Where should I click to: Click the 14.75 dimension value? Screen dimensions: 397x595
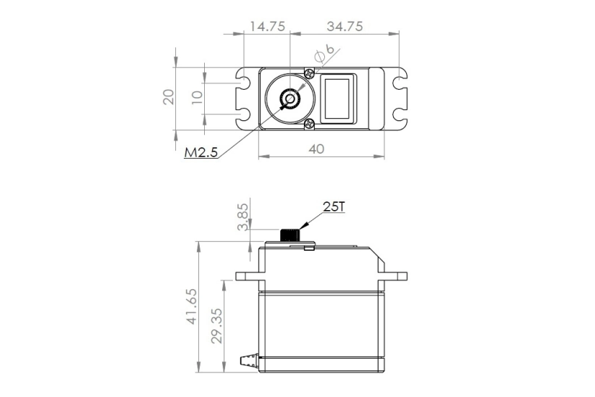(266, 26)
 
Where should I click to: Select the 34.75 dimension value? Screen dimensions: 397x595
(344, 26)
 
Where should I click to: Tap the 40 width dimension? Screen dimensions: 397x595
(316, 148)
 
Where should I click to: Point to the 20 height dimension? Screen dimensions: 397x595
(169, 97)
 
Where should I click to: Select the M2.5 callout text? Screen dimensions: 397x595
(201, 153)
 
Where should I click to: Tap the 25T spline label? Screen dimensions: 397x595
(334, 207)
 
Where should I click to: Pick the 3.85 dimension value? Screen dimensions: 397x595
(243, 215)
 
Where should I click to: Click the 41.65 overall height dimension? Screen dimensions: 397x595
(190, 307)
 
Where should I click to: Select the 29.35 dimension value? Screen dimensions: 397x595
(216, 327)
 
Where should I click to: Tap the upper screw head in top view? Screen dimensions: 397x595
(310, 73)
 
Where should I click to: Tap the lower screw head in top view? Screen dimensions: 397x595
(310, 123)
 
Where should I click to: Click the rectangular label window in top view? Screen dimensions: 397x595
(338, 98)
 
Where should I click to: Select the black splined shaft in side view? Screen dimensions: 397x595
(291, 235)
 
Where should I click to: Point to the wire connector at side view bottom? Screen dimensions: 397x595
(248, 359)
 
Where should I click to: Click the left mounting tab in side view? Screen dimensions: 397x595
(247, 276)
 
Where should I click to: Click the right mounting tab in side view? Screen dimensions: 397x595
(396, 276)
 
